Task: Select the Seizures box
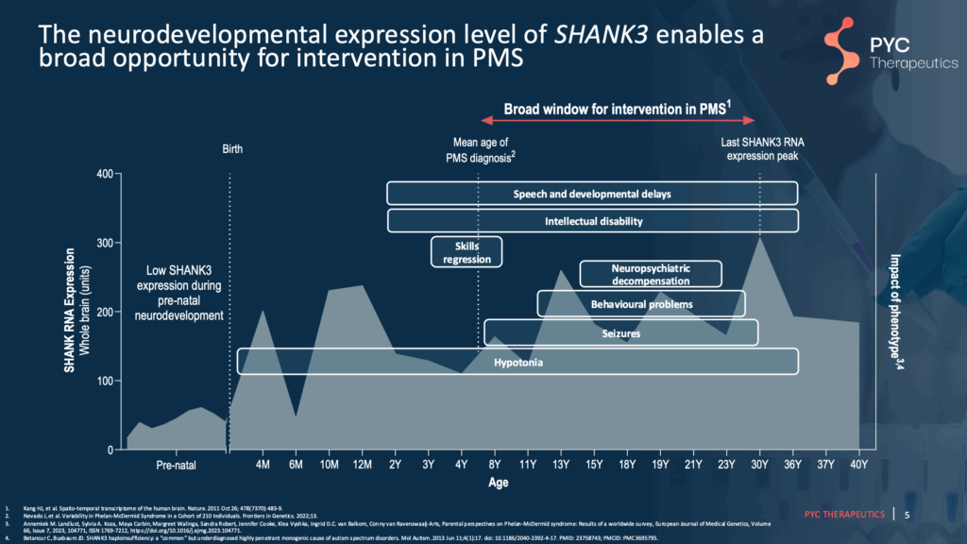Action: click(x=620, y=333)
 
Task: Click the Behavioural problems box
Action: click(x=641, y=304)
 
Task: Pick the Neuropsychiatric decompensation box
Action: click(x=651, y=274)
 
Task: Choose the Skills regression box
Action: click(x=467, y=252)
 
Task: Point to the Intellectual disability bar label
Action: click(x=593, y=221)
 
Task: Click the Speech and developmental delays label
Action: click(x=592, y=194)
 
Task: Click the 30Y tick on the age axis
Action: click(x=760, y=464)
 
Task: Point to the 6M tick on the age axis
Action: click(x=297, y=464)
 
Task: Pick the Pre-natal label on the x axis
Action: click(x=176, y=465)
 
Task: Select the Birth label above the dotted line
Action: click(x=232, y=149)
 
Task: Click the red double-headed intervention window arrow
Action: click(x=618, y=121)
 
